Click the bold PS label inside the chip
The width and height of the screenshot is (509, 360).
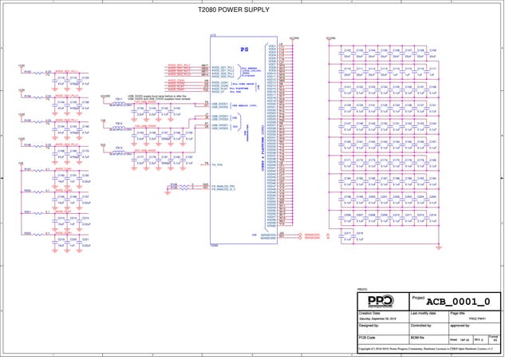point(245,49)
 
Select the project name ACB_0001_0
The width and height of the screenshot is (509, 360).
point(458,301)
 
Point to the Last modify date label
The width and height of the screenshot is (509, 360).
point(426,314)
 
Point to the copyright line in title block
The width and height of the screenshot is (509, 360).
point(430,349)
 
